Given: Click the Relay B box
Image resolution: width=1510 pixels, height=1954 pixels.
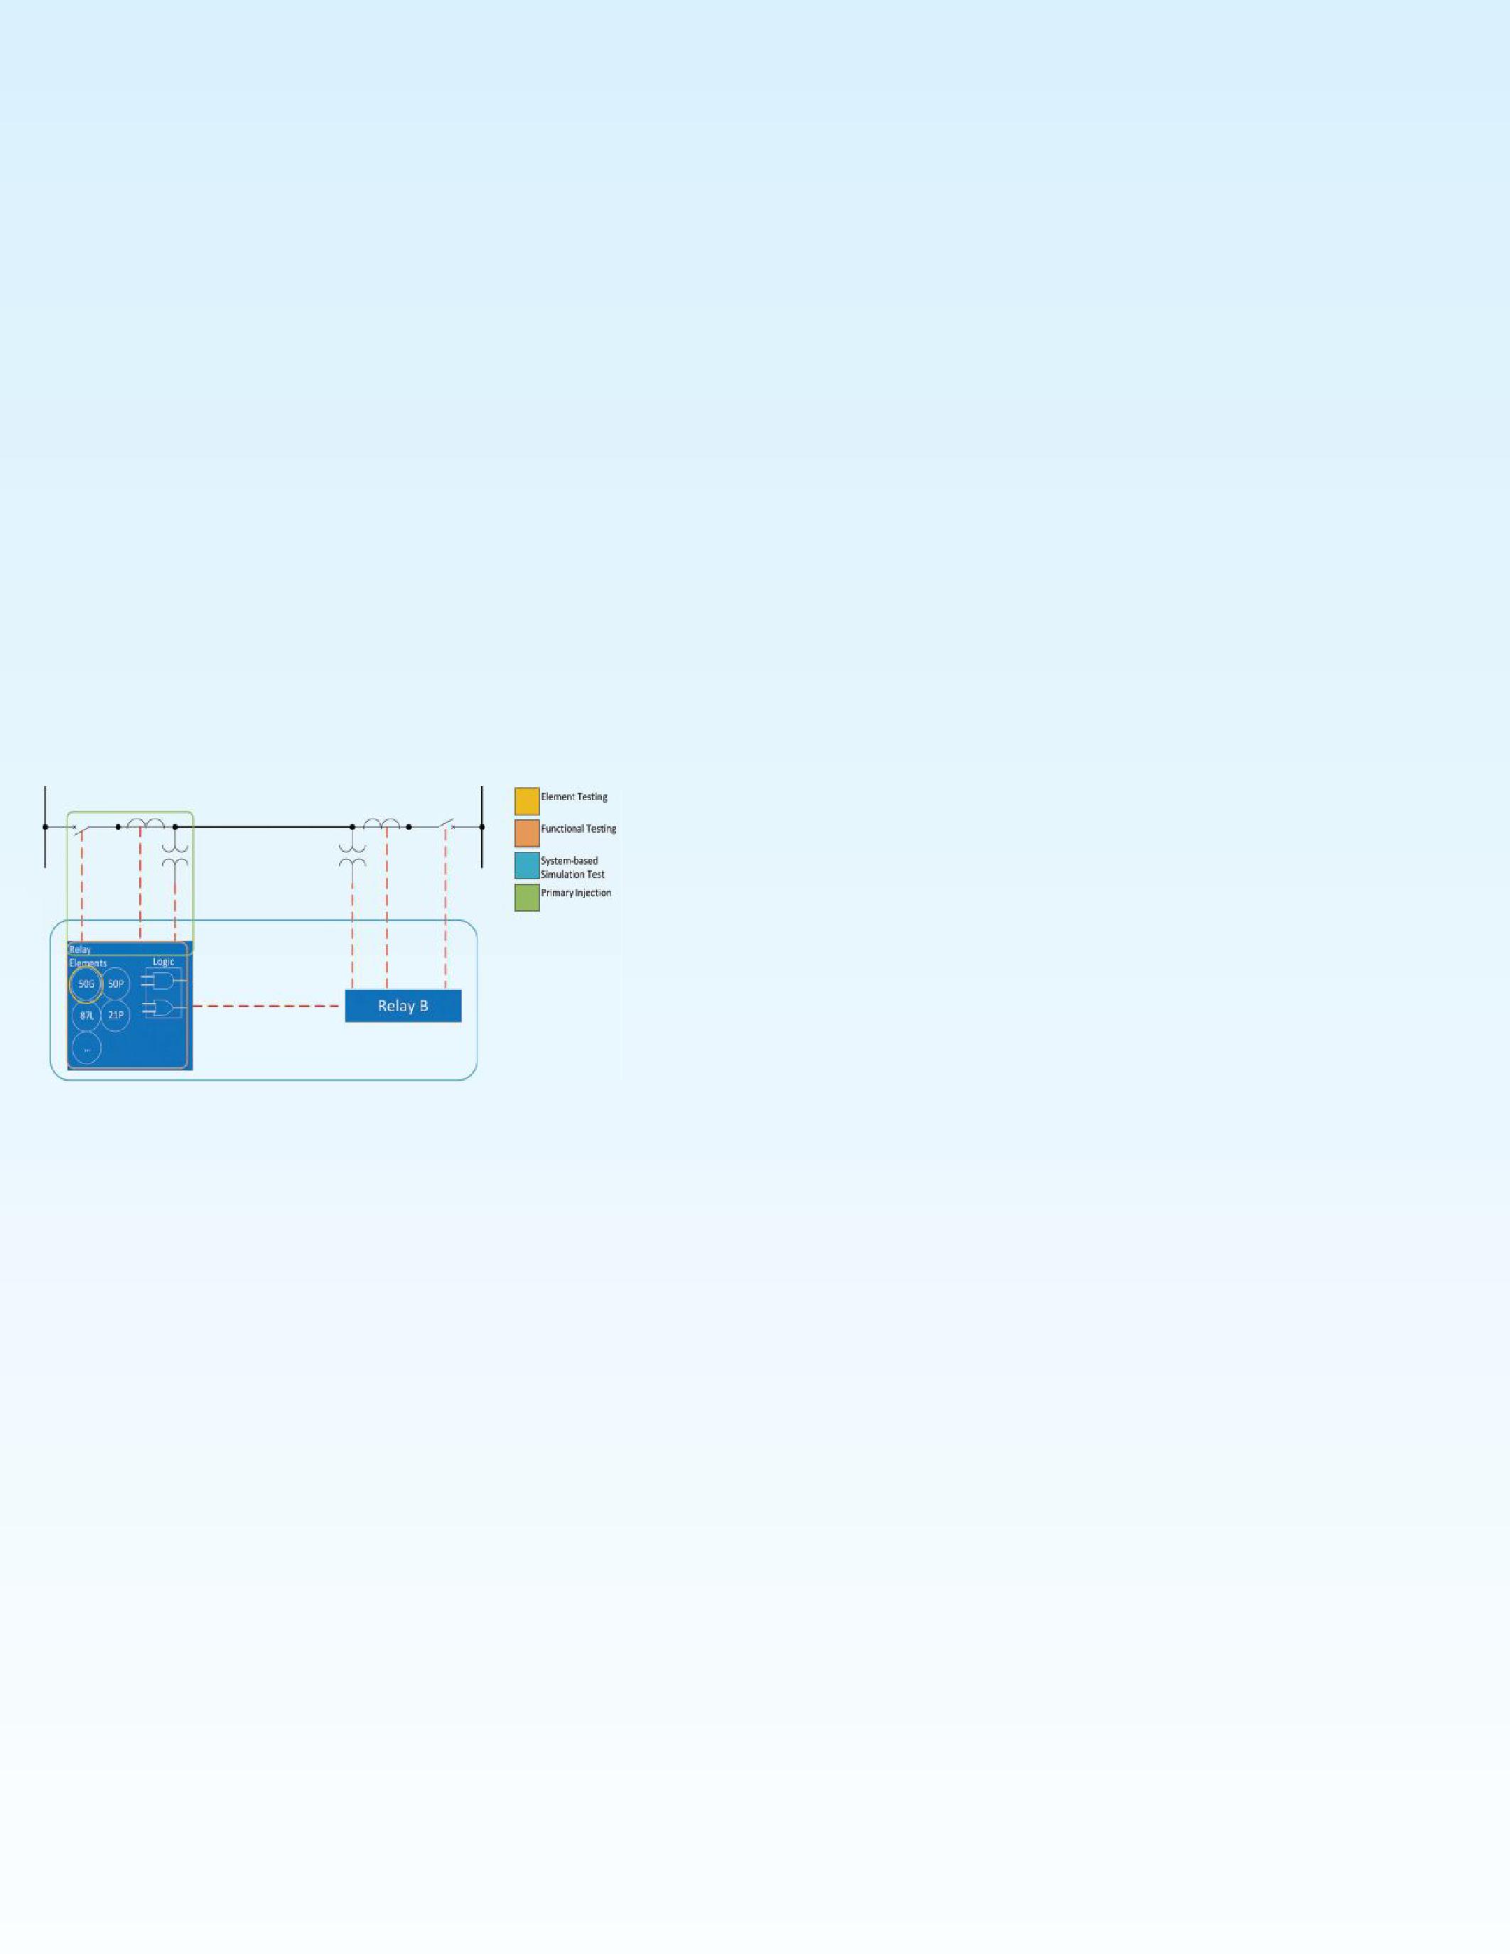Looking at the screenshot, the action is [402, 1005].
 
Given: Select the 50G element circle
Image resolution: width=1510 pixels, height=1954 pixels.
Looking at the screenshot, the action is [86, 984].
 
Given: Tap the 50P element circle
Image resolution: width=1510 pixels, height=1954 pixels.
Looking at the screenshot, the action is [115, 984].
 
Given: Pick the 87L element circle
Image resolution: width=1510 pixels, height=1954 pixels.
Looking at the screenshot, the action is [86, 1015].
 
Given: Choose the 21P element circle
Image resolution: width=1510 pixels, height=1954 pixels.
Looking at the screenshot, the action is [115, 1015].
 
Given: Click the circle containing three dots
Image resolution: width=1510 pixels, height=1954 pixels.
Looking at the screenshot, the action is [86, 1047].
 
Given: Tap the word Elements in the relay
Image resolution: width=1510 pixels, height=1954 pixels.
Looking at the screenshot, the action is [87, 963].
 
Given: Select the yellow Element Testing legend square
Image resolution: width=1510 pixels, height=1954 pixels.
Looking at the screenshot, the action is [527, 801].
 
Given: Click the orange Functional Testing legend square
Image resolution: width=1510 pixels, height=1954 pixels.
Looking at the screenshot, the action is [527, 833].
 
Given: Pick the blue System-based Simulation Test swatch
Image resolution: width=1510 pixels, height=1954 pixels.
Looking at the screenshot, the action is [527, 865].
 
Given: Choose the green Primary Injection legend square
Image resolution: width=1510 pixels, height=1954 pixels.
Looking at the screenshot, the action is [527, 897].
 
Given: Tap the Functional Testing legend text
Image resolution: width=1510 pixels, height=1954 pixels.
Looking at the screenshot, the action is [578, 828].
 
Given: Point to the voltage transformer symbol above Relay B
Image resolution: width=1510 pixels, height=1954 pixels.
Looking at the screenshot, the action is [352, 854].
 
